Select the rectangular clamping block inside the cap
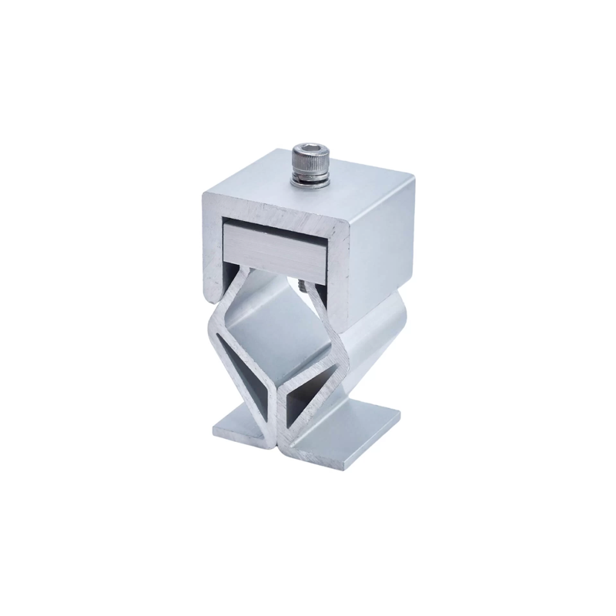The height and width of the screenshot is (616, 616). coord(277,246)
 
